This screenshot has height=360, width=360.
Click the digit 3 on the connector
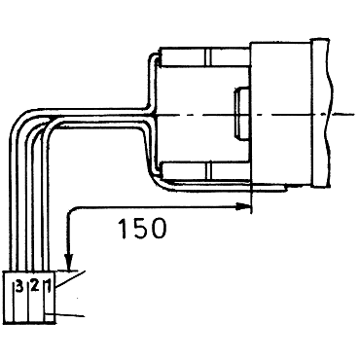19,286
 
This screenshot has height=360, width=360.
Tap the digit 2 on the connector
35,286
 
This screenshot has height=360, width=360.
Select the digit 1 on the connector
49,286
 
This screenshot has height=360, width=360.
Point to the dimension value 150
142,229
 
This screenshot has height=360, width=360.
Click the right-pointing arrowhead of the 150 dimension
242,206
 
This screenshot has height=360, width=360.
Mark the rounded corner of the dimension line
71,210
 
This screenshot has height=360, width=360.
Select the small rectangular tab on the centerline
242,114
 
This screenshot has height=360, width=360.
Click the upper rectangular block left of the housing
205,57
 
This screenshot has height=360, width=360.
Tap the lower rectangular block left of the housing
206,170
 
